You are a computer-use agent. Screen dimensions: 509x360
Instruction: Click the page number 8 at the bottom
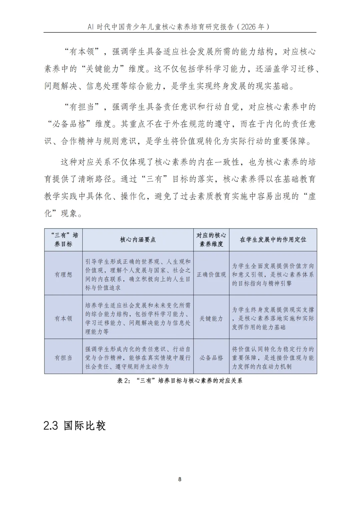click(x=180, y=479)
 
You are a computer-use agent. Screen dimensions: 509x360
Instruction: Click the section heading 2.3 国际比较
click(x=75, y=425)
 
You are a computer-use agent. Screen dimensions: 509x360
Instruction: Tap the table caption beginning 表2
click(x=180, y=380)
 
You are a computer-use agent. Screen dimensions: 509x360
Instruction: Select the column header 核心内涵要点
click(x=138, y=240)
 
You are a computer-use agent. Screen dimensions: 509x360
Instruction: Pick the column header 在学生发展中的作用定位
click(x=273, y=240)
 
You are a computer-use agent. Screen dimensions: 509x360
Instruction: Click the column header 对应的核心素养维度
click(x=211, y=240)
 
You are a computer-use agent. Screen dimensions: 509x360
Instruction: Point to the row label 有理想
click(x=63, y=274)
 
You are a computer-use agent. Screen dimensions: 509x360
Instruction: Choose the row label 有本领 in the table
click(x=63, y=318)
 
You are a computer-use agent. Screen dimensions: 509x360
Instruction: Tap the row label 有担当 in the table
click(x=63, y=358)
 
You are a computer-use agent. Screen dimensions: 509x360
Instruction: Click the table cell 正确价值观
click(x=211, y=274)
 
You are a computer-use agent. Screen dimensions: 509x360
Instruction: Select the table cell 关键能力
click(x=211, y=318)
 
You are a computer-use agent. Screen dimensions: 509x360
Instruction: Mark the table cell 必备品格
click(x=211, y=358)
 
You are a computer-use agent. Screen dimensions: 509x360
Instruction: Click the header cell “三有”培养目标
click(x=63, y=240)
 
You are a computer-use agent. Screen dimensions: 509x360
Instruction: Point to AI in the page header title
click(x=91, y=27)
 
